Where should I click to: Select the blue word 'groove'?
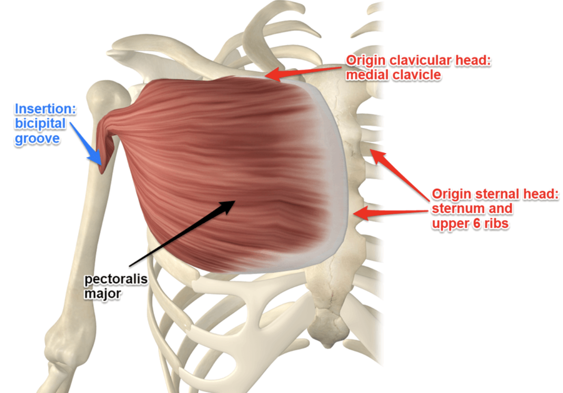tap(37, 138)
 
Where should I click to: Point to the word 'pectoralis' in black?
tap(116, 279)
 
